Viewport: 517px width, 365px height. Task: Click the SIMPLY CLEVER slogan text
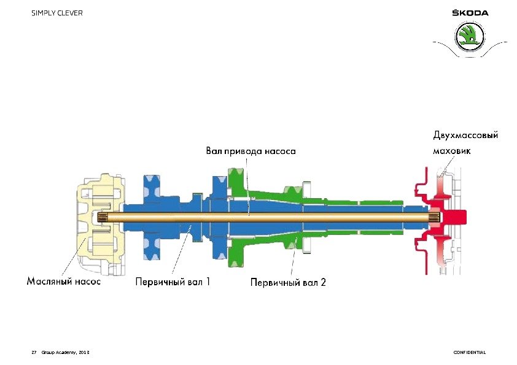click(57, 13)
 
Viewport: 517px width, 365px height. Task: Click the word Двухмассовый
click(465, 135)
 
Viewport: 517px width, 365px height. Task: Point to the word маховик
click(452, 151)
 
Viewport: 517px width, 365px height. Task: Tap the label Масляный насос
click(64, 282)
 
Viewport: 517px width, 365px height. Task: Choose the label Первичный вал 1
click(173, 282)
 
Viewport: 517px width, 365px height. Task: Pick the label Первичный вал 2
click(288, 283)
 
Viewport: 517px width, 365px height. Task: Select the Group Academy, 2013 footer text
click(65, 352)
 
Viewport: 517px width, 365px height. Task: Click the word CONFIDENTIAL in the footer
click(469, 352)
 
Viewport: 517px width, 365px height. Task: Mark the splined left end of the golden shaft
click(103, 217)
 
